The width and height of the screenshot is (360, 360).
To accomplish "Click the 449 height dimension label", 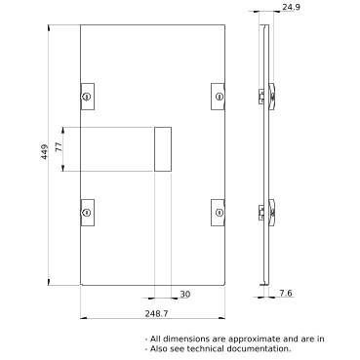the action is pos(45,151).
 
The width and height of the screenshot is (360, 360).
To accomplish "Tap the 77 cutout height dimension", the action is pos(59,147).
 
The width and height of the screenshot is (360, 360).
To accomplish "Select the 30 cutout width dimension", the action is pos(185,295).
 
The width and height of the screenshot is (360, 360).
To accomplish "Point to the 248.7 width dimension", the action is pos(157,313).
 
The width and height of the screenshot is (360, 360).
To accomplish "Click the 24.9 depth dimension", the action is pos(291,7).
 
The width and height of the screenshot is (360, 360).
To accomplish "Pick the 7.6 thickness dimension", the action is pos(286,294).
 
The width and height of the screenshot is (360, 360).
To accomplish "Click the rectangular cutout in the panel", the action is pos(163,149).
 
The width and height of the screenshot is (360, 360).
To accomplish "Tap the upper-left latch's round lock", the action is pos(87,97).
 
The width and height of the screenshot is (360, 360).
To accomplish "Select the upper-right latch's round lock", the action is pos(220,97).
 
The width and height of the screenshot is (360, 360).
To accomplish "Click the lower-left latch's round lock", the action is pos(87,213).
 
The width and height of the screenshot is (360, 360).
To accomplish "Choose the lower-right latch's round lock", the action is pos(220,213).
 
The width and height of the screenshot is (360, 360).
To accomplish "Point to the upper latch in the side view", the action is pos(267,97).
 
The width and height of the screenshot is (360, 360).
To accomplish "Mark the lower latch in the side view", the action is pos(267,213).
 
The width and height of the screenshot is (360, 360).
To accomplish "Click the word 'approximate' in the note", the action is pos(254,340).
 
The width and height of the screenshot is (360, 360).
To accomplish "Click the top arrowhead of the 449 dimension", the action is pos(49,28).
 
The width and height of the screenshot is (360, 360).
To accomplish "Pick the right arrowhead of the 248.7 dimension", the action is pos(221,318).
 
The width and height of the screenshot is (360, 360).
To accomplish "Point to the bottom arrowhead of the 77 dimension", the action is pos(63,168).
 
